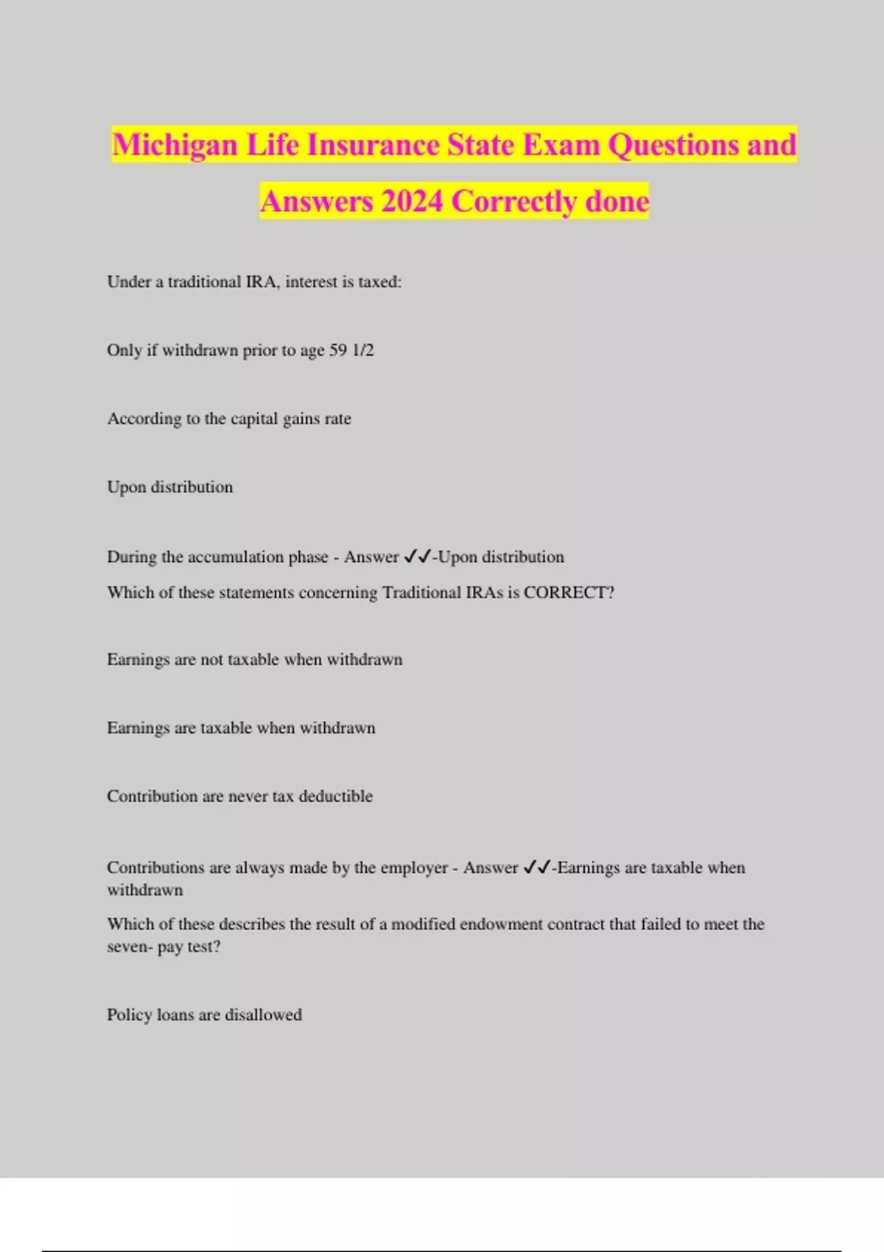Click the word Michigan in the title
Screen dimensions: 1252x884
coord(175,145)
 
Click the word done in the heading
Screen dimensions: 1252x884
coord(617,202)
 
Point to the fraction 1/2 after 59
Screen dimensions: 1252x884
coord(363,351)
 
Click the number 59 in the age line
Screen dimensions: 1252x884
coord(338,351)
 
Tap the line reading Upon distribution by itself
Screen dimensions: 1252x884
coord(169,488)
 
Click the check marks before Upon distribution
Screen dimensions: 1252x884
coord(417,558)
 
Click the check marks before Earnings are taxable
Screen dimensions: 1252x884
coord(536,868)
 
